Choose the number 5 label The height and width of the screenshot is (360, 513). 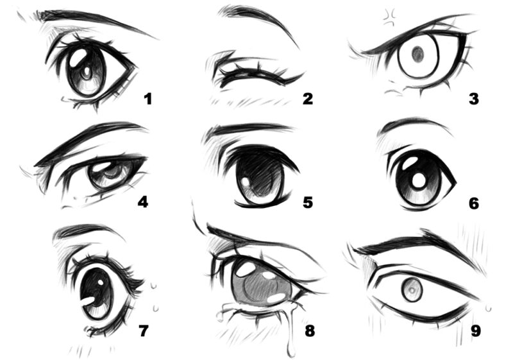pos(308,203)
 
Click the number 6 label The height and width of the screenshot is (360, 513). pos(474,203)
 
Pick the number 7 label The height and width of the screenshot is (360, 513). pos(143,331)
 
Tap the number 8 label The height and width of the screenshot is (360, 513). pos(310,331)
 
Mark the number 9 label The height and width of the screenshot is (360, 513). pos(475,331)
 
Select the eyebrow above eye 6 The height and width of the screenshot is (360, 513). pos(414,124)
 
